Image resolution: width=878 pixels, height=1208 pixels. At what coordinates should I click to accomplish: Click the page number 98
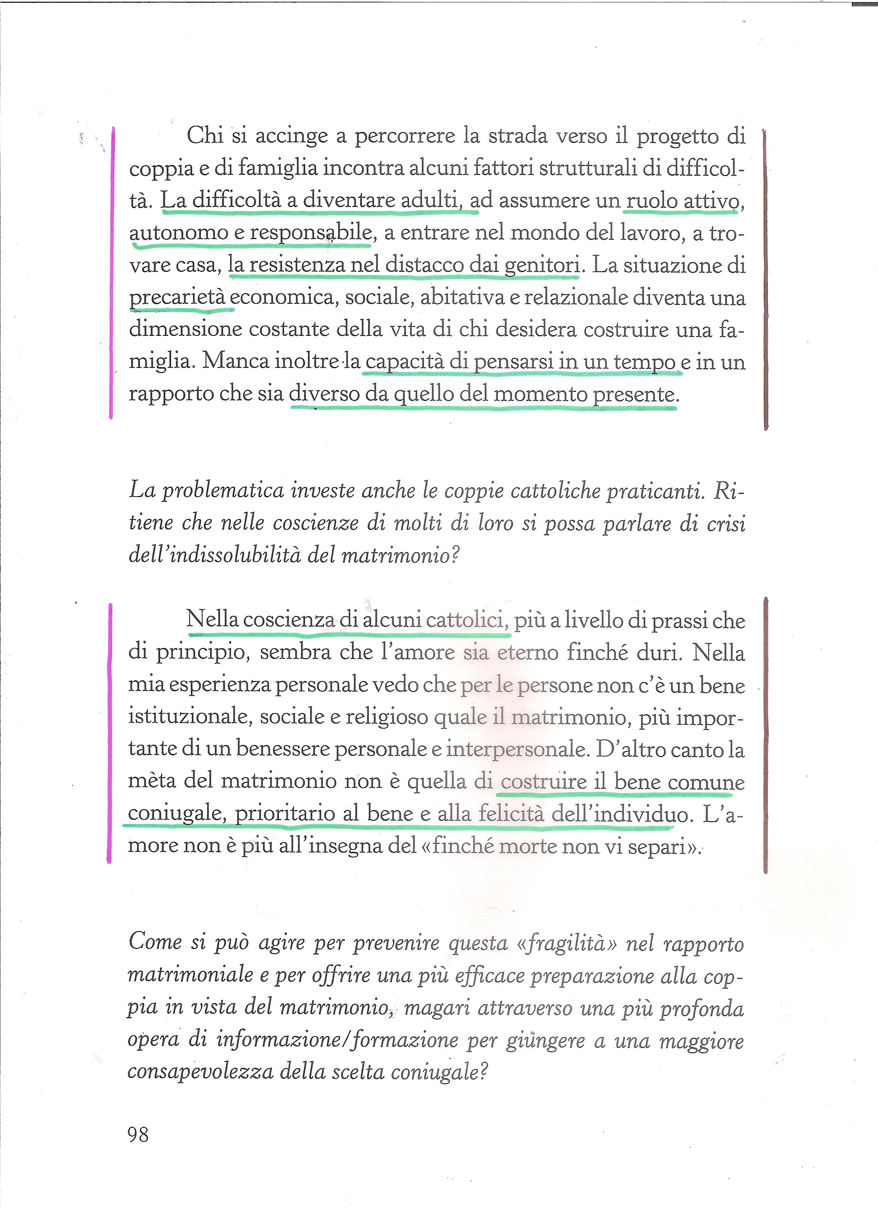click(x=138, y=1135)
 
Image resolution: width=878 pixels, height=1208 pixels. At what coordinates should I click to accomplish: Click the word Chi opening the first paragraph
click(x=205, y=136)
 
